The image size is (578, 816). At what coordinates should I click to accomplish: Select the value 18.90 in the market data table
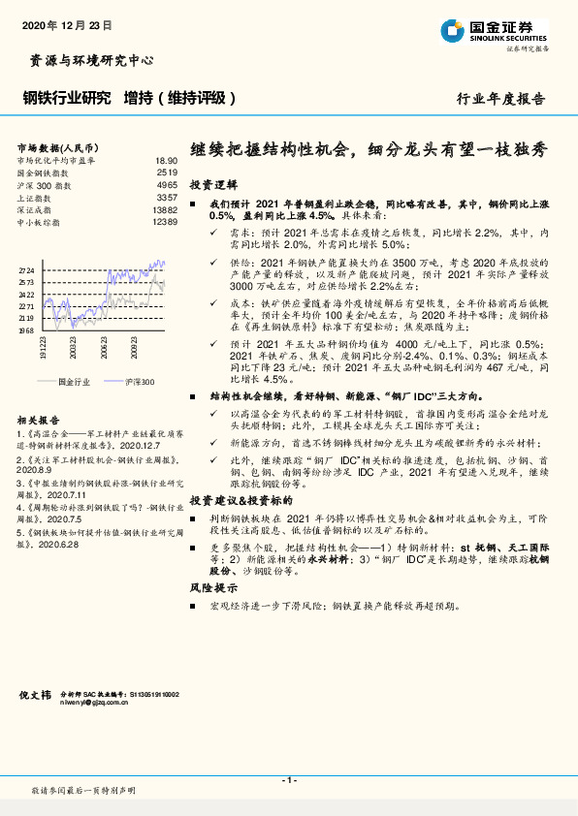click(166, 160)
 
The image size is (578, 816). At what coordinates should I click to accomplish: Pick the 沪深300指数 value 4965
click(167, 183)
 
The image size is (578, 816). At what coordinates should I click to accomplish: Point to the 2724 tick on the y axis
click(26, 271)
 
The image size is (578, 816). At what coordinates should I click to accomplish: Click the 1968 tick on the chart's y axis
click(26, 330)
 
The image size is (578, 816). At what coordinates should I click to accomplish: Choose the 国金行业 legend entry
click(75, 383)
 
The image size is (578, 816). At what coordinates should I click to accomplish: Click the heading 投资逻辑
click(213, 184)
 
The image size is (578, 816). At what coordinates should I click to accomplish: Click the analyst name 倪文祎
click(36, 695)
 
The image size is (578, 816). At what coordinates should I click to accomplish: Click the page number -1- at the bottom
click(288, 780)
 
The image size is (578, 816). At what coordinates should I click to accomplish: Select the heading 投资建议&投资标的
click(241, 500)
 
